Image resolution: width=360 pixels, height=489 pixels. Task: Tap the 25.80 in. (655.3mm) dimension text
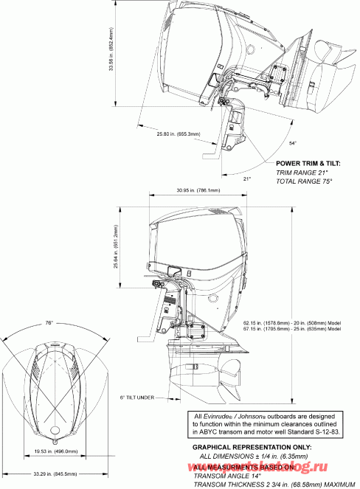pos(177,134)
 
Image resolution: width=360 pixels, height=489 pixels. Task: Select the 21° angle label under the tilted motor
pos(247,178)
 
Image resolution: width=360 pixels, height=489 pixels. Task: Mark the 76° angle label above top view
pos(48,323)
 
